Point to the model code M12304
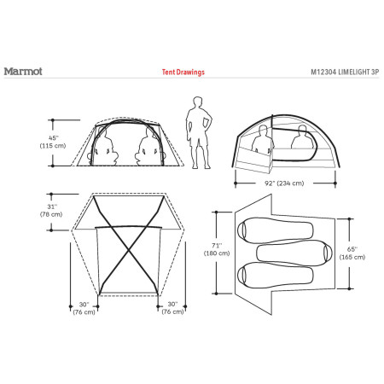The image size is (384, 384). (305, 73)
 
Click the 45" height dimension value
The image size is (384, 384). (52, 137)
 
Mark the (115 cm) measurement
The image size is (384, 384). (53, 147)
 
